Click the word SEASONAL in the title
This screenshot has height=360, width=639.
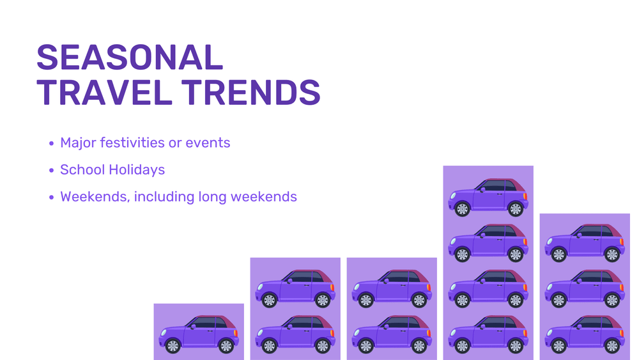[130, 58]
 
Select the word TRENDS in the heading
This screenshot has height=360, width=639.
[251, 93]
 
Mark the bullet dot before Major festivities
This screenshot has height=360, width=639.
[51, 143]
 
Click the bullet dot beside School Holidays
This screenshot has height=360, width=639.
[51, 170]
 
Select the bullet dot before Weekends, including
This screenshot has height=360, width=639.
[51, 198]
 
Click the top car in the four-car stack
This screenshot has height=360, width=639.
[488, 198]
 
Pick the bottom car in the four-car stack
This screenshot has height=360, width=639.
[488, 334]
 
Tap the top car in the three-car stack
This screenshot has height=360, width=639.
[585, 243]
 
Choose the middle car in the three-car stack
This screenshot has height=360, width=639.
[585, 288]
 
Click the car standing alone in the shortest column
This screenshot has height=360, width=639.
[199, 334]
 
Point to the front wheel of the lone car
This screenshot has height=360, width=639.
[173, 346]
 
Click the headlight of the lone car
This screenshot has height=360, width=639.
[164, 333]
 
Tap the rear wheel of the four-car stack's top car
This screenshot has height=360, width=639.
[516, 209]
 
